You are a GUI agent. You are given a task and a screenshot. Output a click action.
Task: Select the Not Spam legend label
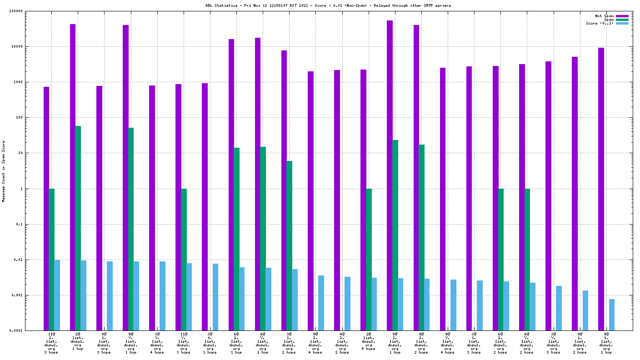(604, 16)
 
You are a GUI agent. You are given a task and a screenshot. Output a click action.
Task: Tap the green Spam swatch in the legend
(622, 20)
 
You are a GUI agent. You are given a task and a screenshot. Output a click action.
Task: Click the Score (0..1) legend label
(600, 23)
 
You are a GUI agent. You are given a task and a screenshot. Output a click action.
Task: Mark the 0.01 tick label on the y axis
(35, 260)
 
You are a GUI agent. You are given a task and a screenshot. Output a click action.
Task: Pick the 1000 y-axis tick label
(35, 82)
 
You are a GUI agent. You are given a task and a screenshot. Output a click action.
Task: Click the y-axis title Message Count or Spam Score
(4, 171)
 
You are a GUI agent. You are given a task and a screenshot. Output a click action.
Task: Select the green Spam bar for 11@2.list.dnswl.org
(52, 259)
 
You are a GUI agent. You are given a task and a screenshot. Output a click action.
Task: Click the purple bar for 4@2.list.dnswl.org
(337, 200)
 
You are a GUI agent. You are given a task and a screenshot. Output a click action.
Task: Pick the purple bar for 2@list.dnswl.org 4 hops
(363, 200)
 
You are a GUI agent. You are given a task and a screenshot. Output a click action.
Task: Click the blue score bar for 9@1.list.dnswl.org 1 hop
(612, 315)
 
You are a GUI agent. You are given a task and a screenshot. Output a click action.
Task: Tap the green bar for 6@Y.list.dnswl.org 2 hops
(527, 259)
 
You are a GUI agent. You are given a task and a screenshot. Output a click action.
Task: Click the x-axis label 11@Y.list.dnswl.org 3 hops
(183, 343)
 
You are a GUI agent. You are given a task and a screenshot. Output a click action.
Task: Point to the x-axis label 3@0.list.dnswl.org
(210, 343)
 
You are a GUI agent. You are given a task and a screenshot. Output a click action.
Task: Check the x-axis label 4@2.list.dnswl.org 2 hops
(342, 343)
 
